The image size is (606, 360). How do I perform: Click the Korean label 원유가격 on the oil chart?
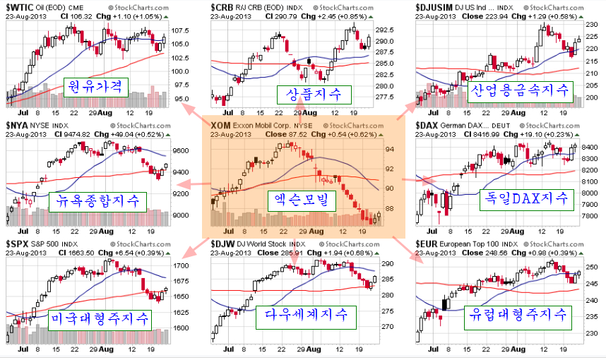click(95, 87)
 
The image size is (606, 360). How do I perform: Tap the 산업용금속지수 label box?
click(519, 89)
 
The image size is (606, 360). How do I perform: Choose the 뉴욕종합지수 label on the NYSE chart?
click(99, 202)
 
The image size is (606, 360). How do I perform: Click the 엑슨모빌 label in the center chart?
click(302, 201)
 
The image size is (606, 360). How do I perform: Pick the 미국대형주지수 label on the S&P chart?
click(101, 320)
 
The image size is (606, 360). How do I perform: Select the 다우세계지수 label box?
click(306, 315)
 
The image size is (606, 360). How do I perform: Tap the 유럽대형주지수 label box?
click(518, 316)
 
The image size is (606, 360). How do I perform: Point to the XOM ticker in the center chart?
click(220, 125)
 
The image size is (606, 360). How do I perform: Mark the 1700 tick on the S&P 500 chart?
click(179, 265)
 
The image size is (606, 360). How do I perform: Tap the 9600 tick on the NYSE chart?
click(179, 151)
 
